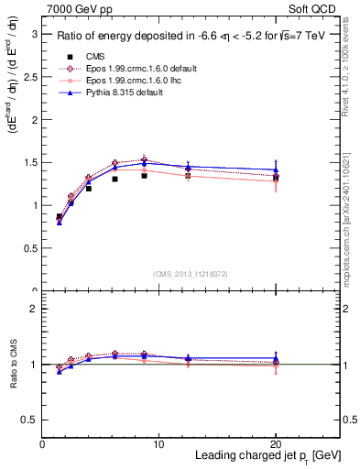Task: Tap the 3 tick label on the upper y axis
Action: coord(34,33)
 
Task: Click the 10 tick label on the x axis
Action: coord(159,444)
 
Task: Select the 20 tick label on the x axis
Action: coord(276,444)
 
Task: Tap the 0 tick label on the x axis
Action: coord(43,444)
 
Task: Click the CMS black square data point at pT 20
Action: coord(276,178)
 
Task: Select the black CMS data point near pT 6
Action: coord(115,179)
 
